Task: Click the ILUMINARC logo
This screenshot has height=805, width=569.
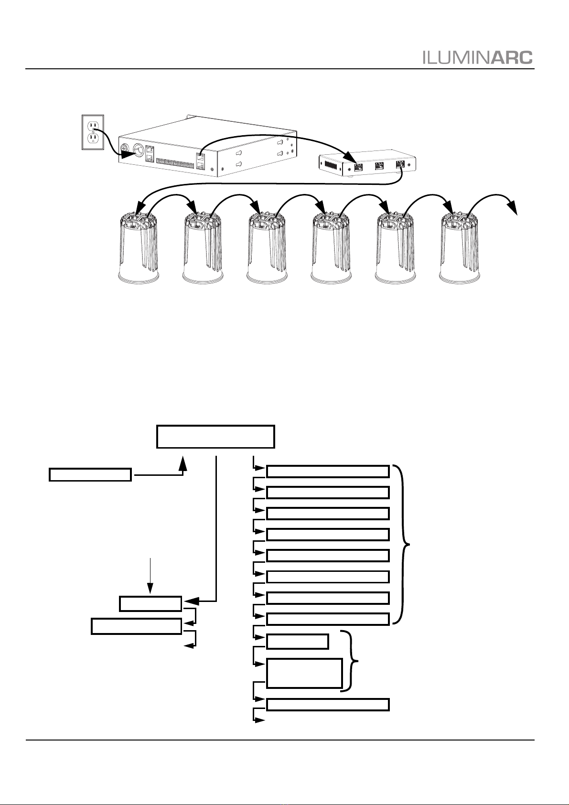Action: (478, 57)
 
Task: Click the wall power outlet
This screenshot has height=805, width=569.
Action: (93, 132)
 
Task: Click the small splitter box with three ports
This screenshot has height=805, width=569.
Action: (368, 163)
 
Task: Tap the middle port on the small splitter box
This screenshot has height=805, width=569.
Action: (379, 166)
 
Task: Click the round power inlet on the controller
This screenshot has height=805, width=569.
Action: (139, 149)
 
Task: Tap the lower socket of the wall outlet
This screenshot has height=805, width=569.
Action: (93, 138)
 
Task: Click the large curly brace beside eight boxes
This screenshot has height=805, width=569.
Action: (402, 545)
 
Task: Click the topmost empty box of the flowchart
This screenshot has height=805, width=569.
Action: (215, 437)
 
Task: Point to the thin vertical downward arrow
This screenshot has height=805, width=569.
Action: (150, 575)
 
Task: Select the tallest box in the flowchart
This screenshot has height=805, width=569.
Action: (304, 673)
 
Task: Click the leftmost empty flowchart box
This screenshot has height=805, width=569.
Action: (90, 474)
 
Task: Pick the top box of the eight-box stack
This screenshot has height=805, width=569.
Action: (328, 471)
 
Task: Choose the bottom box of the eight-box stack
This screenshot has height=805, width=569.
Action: (328, 619)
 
